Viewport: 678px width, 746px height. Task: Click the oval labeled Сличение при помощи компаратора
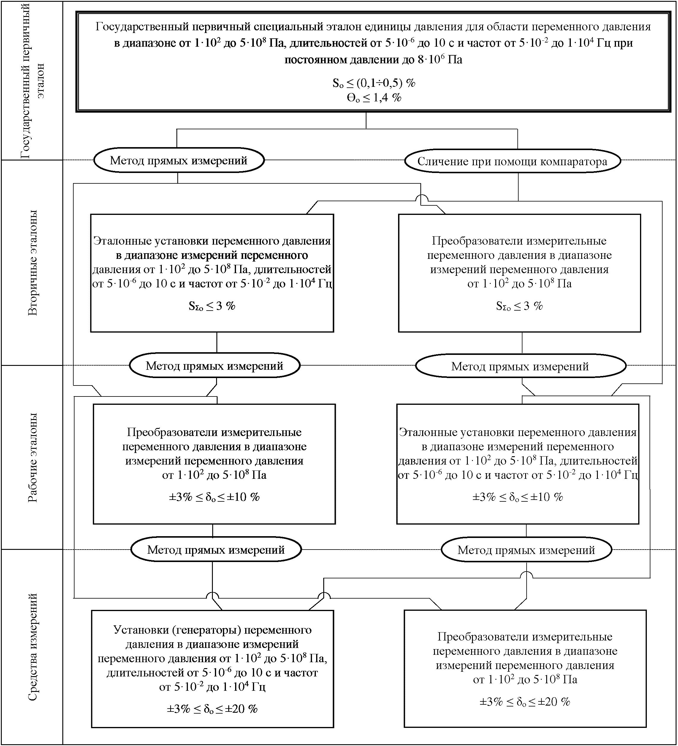pyautogui.click(x=512, y=161)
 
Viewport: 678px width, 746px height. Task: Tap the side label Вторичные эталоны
pyautogui.click(x=33, y=263)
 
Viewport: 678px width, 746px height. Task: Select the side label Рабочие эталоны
pyautogui.click(x=33, y=457)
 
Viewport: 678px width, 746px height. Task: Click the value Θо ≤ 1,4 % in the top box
pyautogui.click(x=374, y=98)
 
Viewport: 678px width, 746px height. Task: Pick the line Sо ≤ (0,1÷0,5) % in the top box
pyautogui.click(x=374, y=83)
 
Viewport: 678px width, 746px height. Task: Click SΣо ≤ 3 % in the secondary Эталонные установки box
pyautogui.click(x=212, y=306)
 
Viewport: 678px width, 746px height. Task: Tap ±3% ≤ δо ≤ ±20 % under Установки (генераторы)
pyautogui.click(x=212, y=709)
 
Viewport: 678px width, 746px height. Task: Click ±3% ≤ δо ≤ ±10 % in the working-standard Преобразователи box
pyautogui.click(x=214, y=497)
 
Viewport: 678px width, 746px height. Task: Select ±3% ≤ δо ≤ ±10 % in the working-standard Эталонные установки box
pyautogui.click(x=518, y=497)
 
